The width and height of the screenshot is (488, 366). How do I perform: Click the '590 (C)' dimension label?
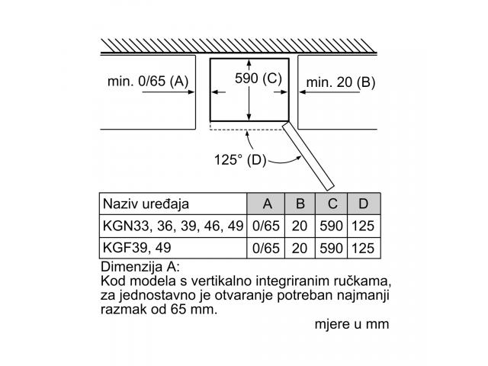coord(258,79)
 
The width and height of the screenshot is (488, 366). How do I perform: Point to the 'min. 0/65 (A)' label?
coord(148,82)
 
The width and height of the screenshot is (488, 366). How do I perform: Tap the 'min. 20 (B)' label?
coord(341,82)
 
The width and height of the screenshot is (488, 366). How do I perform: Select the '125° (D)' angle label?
coord(240,160)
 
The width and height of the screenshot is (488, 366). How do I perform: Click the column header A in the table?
coord(268,204)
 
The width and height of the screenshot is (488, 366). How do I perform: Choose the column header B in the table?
coord(300,204)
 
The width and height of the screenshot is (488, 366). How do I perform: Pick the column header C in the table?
coord(332,204)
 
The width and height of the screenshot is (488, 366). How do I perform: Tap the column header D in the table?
coord(363,204)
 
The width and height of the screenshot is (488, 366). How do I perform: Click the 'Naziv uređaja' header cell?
coord(146,204)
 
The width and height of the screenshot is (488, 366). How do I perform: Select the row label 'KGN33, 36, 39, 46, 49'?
coord(173,226)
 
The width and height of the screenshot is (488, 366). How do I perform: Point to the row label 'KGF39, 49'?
coord(137,248)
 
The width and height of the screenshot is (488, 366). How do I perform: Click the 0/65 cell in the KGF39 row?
coord(266,249)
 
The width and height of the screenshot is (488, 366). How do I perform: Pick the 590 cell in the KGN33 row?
coord(331,226)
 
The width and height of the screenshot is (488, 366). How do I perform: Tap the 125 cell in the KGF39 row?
coord(363,249)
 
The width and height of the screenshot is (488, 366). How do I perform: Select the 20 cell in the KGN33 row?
coord(300,226)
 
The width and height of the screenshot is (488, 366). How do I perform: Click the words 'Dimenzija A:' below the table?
coord(140,267)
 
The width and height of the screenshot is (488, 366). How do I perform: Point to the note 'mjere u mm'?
coord(352,324)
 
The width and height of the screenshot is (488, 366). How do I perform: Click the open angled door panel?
coord(308,156)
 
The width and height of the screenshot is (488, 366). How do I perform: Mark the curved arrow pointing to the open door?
coord(284,161)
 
